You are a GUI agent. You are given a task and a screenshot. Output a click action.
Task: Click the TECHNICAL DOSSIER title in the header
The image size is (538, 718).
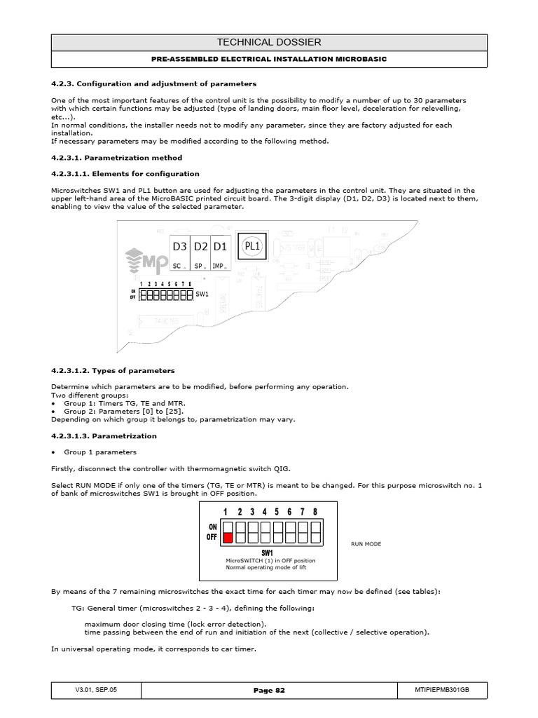[x=269, y=42]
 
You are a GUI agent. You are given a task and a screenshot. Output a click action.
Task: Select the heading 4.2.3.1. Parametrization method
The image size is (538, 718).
[x=116, y=158]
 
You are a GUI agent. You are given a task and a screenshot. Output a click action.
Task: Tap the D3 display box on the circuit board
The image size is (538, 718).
[x=179, y=247]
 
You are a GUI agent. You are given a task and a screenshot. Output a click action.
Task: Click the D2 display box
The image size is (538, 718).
[x=200, y=247]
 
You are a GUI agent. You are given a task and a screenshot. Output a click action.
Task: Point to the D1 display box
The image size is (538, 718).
[x=220, y=247]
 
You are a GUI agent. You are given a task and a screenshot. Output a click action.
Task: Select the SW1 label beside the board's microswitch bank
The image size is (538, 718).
[x=202, y=296]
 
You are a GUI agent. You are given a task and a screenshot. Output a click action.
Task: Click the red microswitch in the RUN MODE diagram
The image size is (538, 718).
[x=228, y=537]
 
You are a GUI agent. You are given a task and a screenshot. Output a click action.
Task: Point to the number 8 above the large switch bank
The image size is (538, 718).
[x=315, y=512]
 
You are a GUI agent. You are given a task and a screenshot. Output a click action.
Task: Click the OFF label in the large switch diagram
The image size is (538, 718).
[x=212, y=537]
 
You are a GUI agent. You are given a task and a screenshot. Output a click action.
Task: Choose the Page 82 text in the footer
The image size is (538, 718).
[x=269, y=691]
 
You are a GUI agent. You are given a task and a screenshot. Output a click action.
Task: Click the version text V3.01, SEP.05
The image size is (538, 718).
[x=96, y=691]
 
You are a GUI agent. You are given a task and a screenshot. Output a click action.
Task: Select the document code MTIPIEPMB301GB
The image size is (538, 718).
[x=442, y=691]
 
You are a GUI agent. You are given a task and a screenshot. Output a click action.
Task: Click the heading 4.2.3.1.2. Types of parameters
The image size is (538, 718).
[x=113, y=370]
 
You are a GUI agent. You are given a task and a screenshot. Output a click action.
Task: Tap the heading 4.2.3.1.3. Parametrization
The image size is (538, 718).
[x=104, y=435]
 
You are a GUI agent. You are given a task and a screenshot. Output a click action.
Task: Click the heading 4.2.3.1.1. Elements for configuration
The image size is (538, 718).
[x=125, y=173]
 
